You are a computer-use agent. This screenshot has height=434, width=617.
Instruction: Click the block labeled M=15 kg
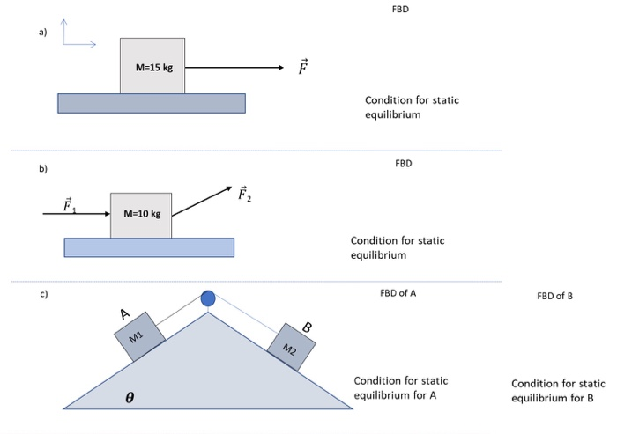click(x=152, y=66)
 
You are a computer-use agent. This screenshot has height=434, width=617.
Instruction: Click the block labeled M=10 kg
click(x=141, y=214)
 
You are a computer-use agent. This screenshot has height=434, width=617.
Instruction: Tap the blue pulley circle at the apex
click(x=208, y=299)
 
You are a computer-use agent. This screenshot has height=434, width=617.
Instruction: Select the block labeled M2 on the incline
click(x=291, y=347)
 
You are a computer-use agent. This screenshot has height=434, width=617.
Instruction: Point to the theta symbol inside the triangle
click(x=130, y=398)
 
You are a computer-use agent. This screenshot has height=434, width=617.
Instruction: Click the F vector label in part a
click(x=303, y=68)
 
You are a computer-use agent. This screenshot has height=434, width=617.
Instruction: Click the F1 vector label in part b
click(x=70, y=205)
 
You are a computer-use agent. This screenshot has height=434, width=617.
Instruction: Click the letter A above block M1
click(x=126, y=314)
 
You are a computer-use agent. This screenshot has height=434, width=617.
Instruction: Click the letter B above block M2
click(x=307, y=327)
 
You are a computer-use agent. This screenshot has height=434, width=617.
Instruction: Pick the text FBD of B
click(x=554, y=296)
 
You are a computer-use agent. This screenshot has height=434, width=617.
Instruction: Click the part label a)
click(x=41, y=32)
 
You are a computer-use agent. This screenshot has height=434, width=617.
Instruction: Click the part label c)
click(x=42, y=293)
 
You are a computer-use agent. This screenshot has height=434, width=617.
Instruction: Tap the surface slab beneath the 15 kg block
click(x=152, y=103)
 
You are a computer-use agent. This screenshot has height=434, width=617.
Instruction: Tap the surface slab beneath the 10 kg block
click(x=149, y=247)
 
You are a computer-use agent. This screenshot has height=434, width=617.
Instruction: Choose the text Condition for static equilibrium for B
click(x=558, y=391)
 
